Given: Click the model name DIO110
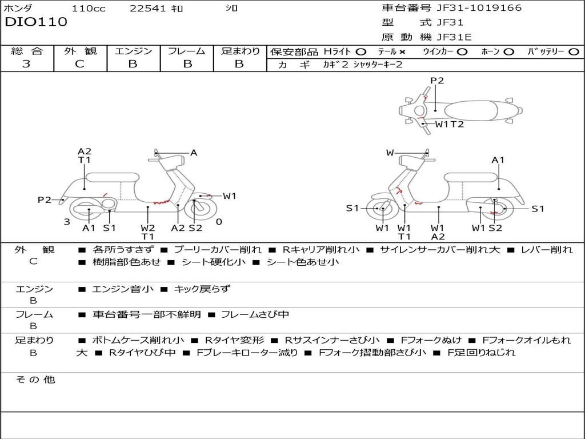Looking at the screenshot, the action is (36, 22).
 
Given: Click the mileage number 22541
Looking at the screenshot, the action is (147, 8).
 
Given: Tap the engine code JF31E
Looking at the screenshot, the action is (455, 37).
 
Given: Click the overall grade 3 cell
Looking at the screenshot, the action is (26, 63).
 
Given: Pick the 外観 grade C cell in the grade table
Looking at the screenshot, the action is (79, 63).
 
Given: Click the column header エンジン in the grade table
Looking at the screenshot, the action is (133, 51).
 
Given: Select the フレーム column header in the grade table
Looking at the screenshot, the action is (186, 51).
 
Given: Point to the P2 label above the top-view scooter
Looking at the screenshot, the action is (436, 81).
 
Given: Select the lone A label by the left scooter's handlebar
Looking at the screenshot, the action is (194, 153).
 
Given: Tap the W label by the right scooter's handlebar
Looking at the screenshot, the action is (390, 153).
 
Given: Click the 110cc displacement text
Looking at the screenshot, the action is (87, 8).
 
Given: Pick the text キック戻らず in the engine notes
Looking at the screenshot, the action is (201, 289).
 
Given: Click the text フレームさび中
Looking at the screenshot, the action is (255, 314).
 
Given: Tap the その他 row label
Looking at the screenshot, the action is (35, 380).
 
